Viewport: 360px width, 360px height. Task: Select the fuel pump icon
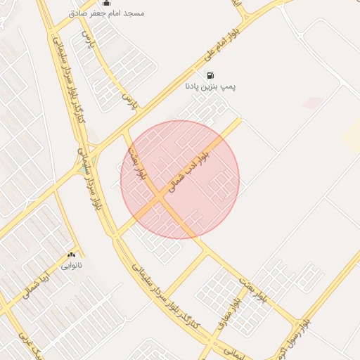pos(210,75)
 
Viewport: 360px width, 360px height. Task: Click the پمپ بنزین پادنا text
pos(209,86)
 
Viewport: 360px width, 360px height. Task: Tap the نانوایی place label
pos(71,265)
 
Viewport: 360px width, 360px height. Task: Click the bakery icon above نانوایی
pos(71,255)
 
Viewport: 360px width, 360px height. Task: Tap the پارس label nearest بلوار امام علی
pos(129,102)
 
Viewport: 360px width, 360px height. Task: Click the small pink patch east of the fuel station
pos(313,103)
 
